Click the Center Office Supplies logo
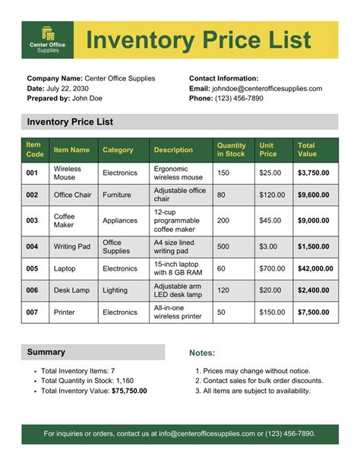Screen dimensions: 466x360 [48, 40]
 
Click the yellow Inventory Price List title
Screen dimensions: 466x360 [198, 40]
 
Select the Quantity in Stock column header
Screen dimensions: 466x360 [231, 149]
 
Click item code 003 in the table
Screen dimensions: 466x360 [32, 220]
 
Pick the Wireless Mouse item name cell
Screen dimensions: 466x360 [67, 173]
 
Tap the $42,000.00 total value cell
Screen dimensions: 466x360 [315, 268]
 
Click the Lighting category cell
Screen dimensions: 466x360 [115, 290]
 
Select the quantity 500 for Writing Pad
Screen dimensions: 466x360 [223, 246]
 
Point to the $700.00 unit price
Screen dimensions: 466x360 [271, 268]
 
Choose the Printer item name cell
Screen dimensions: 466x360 [65, 312]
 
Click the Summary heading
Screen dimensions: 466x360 [46, 352]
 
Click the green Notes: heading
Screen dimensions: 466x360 [202, 353]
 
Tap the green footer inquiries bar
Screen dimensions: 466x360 [180, 433]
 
